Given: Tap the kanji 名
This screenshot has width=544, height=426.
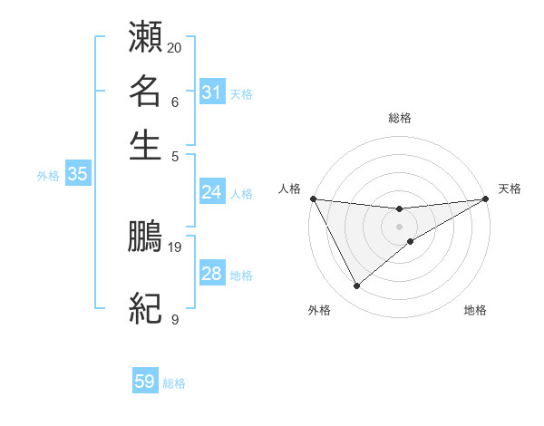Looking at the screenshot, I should coord(146,91).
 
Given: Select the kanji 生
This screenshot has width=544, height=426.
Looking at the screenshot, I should coord(146,145).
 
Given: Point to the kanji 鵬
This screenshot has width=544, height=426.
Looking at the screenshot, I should coord(146,236).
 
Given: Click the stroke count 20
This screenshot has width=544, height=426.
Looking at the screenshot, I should coord(175,47).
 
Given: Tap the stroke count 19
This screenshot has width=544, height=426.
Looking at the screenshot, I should coord(175,247).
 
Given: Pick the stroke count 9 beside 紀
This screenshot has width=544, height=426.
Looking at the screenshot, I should coord(175,319).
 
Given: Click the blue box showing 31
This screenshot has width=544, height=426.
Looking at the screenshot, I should coord(211,92).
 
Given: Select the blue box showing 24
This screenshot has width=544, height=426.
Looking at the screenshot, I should coord(211,192).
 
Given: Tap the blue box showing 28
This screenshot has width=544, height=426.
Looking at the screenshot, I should coord(211,274).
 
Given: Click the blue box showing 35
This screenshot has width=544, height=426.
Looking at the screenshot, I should coord(77,175).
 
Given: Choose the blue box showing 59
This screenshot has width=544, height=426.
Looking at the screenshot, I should coord(145,382).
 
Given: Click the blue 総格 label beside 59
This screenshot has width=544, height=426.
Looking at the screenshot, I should coord(174,383).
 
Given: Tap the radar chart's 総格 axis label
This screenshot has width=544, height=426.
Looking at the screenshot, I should coord(399,118).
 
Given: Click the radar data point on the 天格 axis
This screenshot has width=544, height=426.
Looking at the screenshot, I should coord(486,198).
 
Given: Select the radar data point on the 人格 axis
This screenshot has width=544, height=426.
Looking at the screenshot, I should coord(313,198).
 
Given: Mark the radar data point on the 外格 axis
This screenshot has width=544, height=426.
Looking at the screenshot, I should coord(356,286).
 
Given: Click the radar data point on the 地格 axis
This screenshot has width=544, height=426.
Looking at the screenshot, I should coord(411,241).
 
